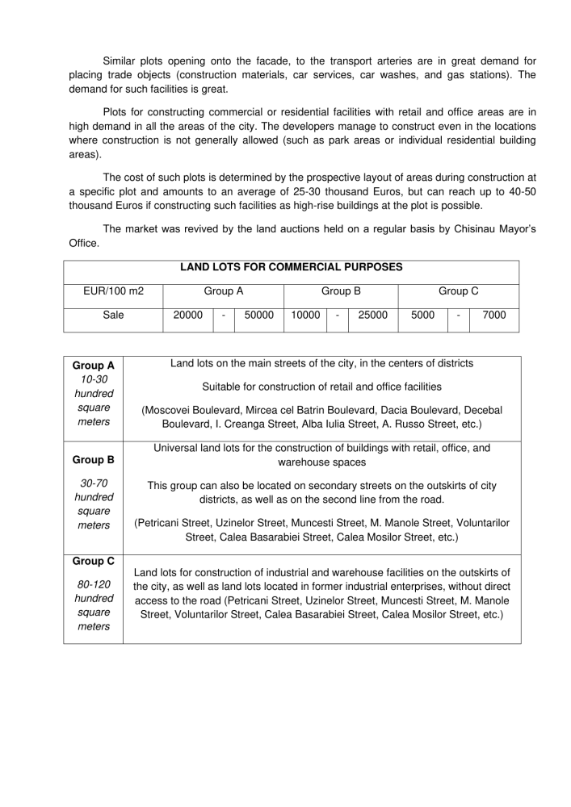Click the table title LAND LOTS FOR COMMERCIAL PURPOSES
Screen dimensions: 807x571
pos(291,267)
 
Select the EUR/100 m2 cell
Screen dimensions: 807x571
pos(114,291)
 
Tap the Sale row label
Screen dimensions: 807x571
pos(114,316)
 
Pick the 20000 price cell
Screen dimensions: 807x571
pos(188,316)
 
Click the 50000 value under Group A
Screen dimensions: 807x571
pos(259,316)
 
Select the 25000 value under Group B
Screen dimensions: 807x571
pos(372,316)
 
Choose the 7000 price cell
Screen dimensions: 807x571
pos(494,316)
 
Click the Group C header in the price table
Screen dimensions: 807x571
pos(459,291)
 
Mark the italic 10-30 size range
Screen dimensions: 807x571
pos(94,379)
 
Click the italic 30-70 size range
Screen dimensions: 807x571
pos(94,483)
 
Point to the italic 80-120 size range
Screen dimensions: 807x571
pos(94,584)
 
